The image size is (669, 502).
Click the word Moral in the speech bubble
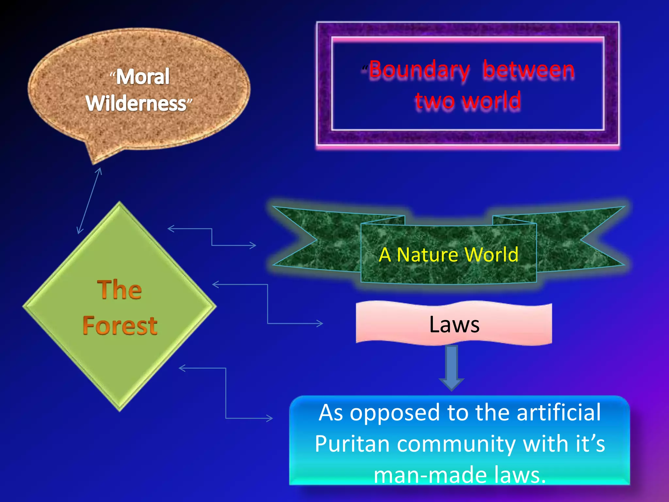[x=143, y=77]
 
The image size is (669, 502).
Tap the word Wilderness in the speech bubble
[x=136, y=104]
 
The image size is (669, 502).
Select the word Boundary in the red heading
[x=419, y=70]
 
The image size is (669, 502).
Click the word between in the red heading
[x=529, y=70]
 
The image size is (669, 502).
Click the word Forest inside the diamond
[x=120, y=326]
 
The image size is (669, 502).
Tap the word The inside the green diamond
[x=120, y=290]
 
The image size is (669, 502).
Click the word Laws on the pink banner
[x=454, y=325]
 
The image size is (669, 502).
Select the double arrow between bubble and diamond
[x=89, y=201]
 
